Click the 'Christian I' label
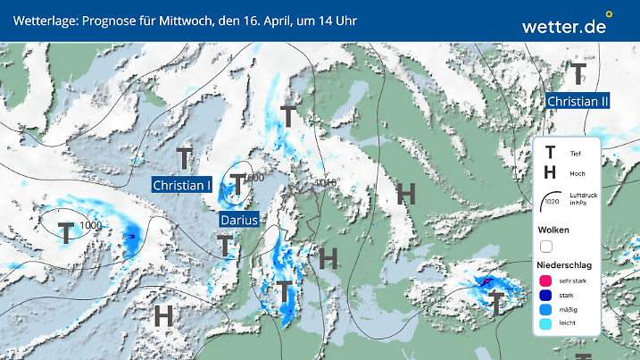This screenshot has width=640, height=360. click(182, 185)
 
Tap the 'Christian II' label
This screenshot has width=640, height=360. click(578, 101)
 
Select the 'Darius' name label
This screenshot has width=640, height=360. click(238, 219)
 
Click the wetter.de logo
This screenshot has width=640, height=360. click(565, 26)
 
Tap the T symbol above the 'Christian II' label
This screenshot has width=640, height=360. click(578, 72)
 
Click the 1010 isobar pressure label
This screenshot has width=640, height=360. click(325, 183)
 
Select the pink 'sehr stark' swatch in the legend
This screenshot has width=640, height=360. click(545, 280)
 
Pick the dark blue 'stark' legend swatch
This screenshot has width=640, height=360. click(545, 296)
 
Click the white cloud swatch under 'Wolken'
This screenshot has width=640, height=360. click(545, 247)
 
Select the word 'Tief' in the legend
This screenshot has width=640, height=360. click(577, 154)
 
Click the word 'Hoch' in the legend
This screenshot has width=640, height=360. click(578, 173)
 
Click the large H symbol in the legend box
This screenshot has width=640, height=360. click(550, 173)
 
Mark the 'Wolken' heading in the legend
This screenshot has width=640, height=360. click(553, 230)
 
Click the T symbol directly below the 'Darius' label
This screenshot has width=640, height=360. click(225, 242)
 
